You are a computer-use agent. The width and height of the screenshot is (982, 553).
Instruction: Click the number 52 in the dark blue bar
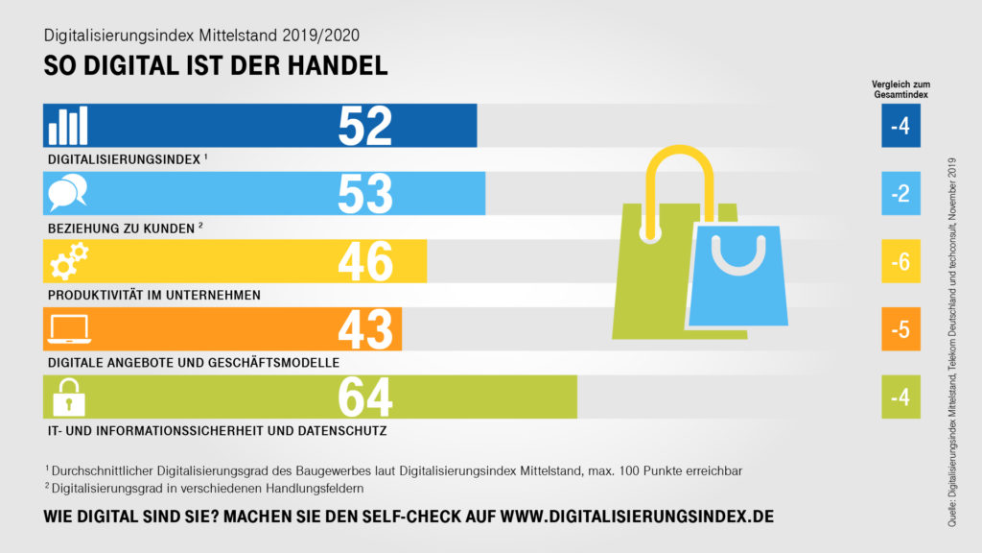(365, 126)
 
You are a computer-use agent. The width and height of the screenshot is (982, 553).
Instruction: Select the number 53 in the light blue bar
(365, 194)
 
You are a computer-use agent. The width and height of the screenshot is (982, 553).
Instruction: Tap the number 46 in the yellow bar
(365, 262)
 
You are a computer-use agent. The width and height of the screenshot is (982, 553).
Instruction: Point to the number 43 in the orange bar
(365, 329)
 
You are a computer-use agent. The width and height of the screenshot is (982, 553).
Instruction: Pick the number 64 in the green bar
(365, 397)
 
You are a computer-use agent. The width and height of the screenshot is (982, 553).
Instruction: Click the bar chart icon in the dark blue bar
(68, 126)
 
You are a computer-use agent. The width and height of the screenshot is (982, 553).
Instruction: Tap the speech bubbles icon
(68, 194)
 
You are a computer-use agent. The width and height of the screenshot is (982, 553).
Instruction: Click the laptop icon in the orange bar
(68, 329)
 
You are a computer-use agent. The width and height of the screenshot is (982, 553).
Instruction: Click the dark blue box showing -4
(900, 126)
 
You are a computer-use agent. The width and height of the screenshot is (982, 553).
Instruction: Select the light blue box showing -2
(900, 194)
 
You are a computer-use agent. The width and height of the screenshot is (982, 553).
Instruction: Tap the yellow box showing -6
(900, 262)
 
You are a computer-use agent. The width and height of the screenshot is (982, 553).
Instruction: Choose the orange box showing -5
(900, 329)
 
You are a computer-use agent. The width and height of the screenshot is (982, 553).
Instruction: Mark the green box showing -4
(900, 397)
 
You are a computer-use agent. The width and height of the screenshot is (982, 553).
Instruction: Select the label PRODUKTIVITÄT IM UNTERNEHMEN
(154, 295)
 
